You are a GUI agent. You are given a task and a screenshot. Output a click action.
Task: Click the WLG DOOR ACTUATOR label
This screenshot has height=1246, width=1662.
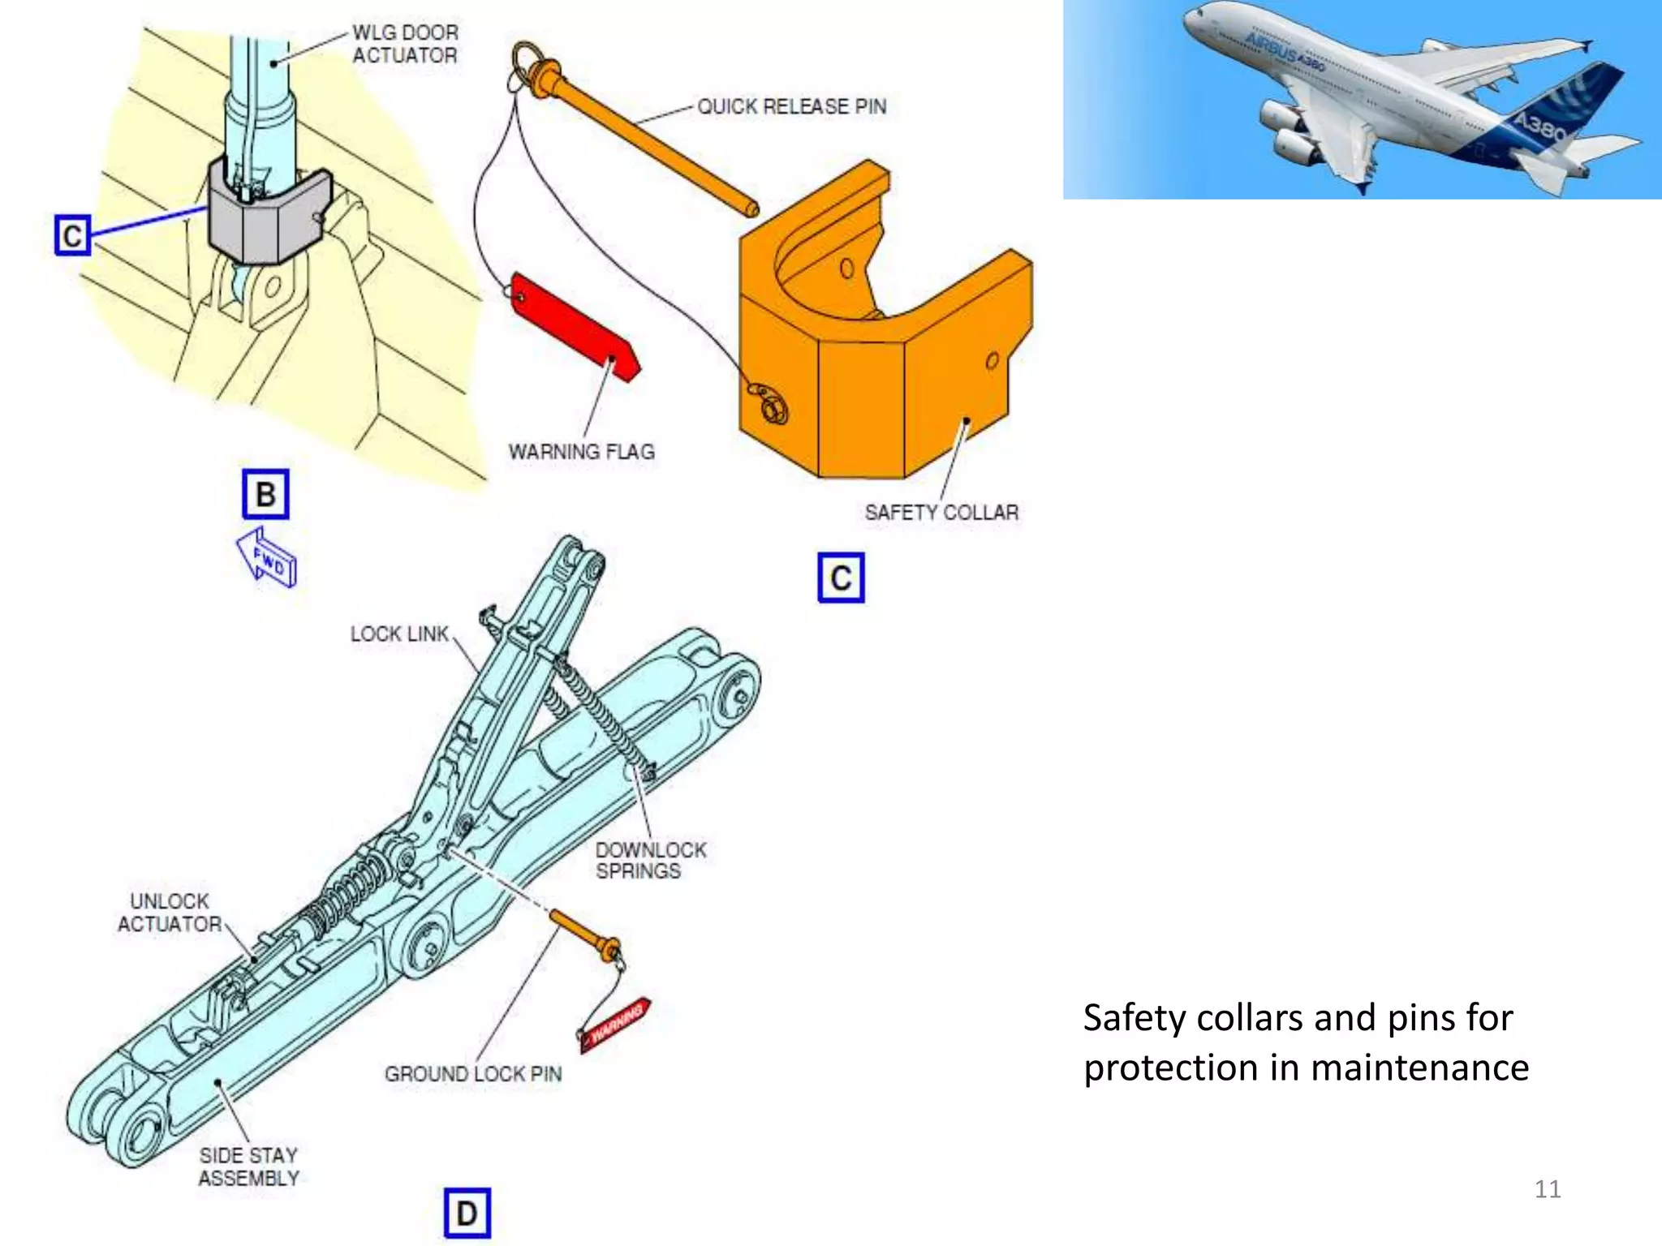click(405, 44)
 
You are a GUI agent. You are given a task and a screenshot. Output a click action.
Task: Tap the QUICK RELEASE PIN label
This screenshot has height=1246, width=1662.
click(791, 106)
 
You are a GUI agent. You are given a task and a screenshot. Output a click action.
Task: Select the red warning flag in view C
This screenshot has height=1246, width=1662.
click(575, 326)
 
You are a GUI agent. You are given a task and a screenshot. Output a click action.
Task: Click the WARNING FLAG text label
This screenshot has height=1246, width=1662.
click(581, 452)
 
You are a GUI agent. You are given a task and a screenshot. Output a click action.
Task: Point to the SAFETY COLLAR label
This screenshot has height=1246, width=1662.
click(941, 513)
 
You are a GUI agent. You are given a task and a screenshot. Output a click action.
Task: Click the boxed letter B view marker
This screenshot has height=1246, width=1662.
click(265, 494)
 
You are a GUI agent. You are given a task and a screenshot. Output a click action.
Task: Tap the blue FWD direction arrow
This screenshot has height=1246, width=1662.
click(267, 557)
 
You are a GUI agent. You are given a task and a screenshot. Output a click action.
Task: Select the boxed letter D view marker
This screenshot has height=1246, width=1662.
click(467, 1213)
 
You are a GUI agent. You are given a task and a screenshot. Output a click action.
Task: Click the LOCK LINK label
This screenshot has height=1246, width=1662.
click(399, 634)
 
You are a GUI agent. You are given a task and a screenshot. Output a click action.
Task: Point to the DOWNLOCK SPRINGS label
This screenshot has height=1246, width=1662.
click(650, 860)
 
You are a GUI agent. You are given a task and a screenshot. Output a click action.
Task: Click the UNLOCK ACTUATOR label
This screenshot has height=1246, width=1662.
click(170, 913)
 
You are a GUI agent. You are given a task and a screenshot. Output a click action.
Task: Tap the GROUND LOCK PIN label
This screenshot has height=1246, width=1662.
click(473, 1074)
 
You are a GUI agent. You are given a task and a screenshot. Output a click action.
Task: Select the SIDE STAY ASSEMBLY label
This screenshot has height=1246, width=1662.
click(248, 1167)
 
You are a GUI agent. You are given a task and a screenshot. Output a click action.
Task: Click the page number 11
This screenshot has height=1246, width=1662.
click(1547, 1189)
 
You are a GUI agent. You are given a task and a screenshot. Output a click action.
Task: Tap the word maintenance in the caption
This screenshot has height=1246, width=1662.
click(1419, 1068)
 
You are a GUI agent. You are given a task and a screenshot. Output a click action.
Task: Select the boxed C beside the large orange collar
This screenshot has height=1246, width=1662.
click(841, 578)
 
